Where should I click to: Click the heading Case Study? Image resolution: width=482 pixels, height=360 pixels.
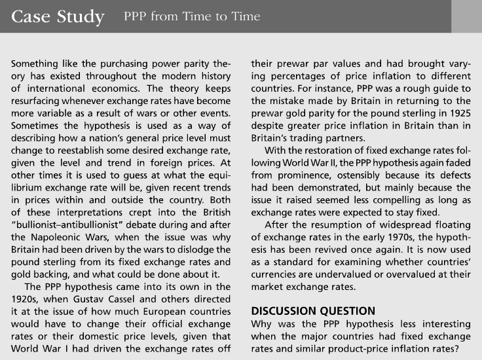click(58, 16)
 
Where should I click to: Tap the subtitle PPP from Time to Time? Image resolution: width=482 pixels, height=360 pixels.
click(191, 16)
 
